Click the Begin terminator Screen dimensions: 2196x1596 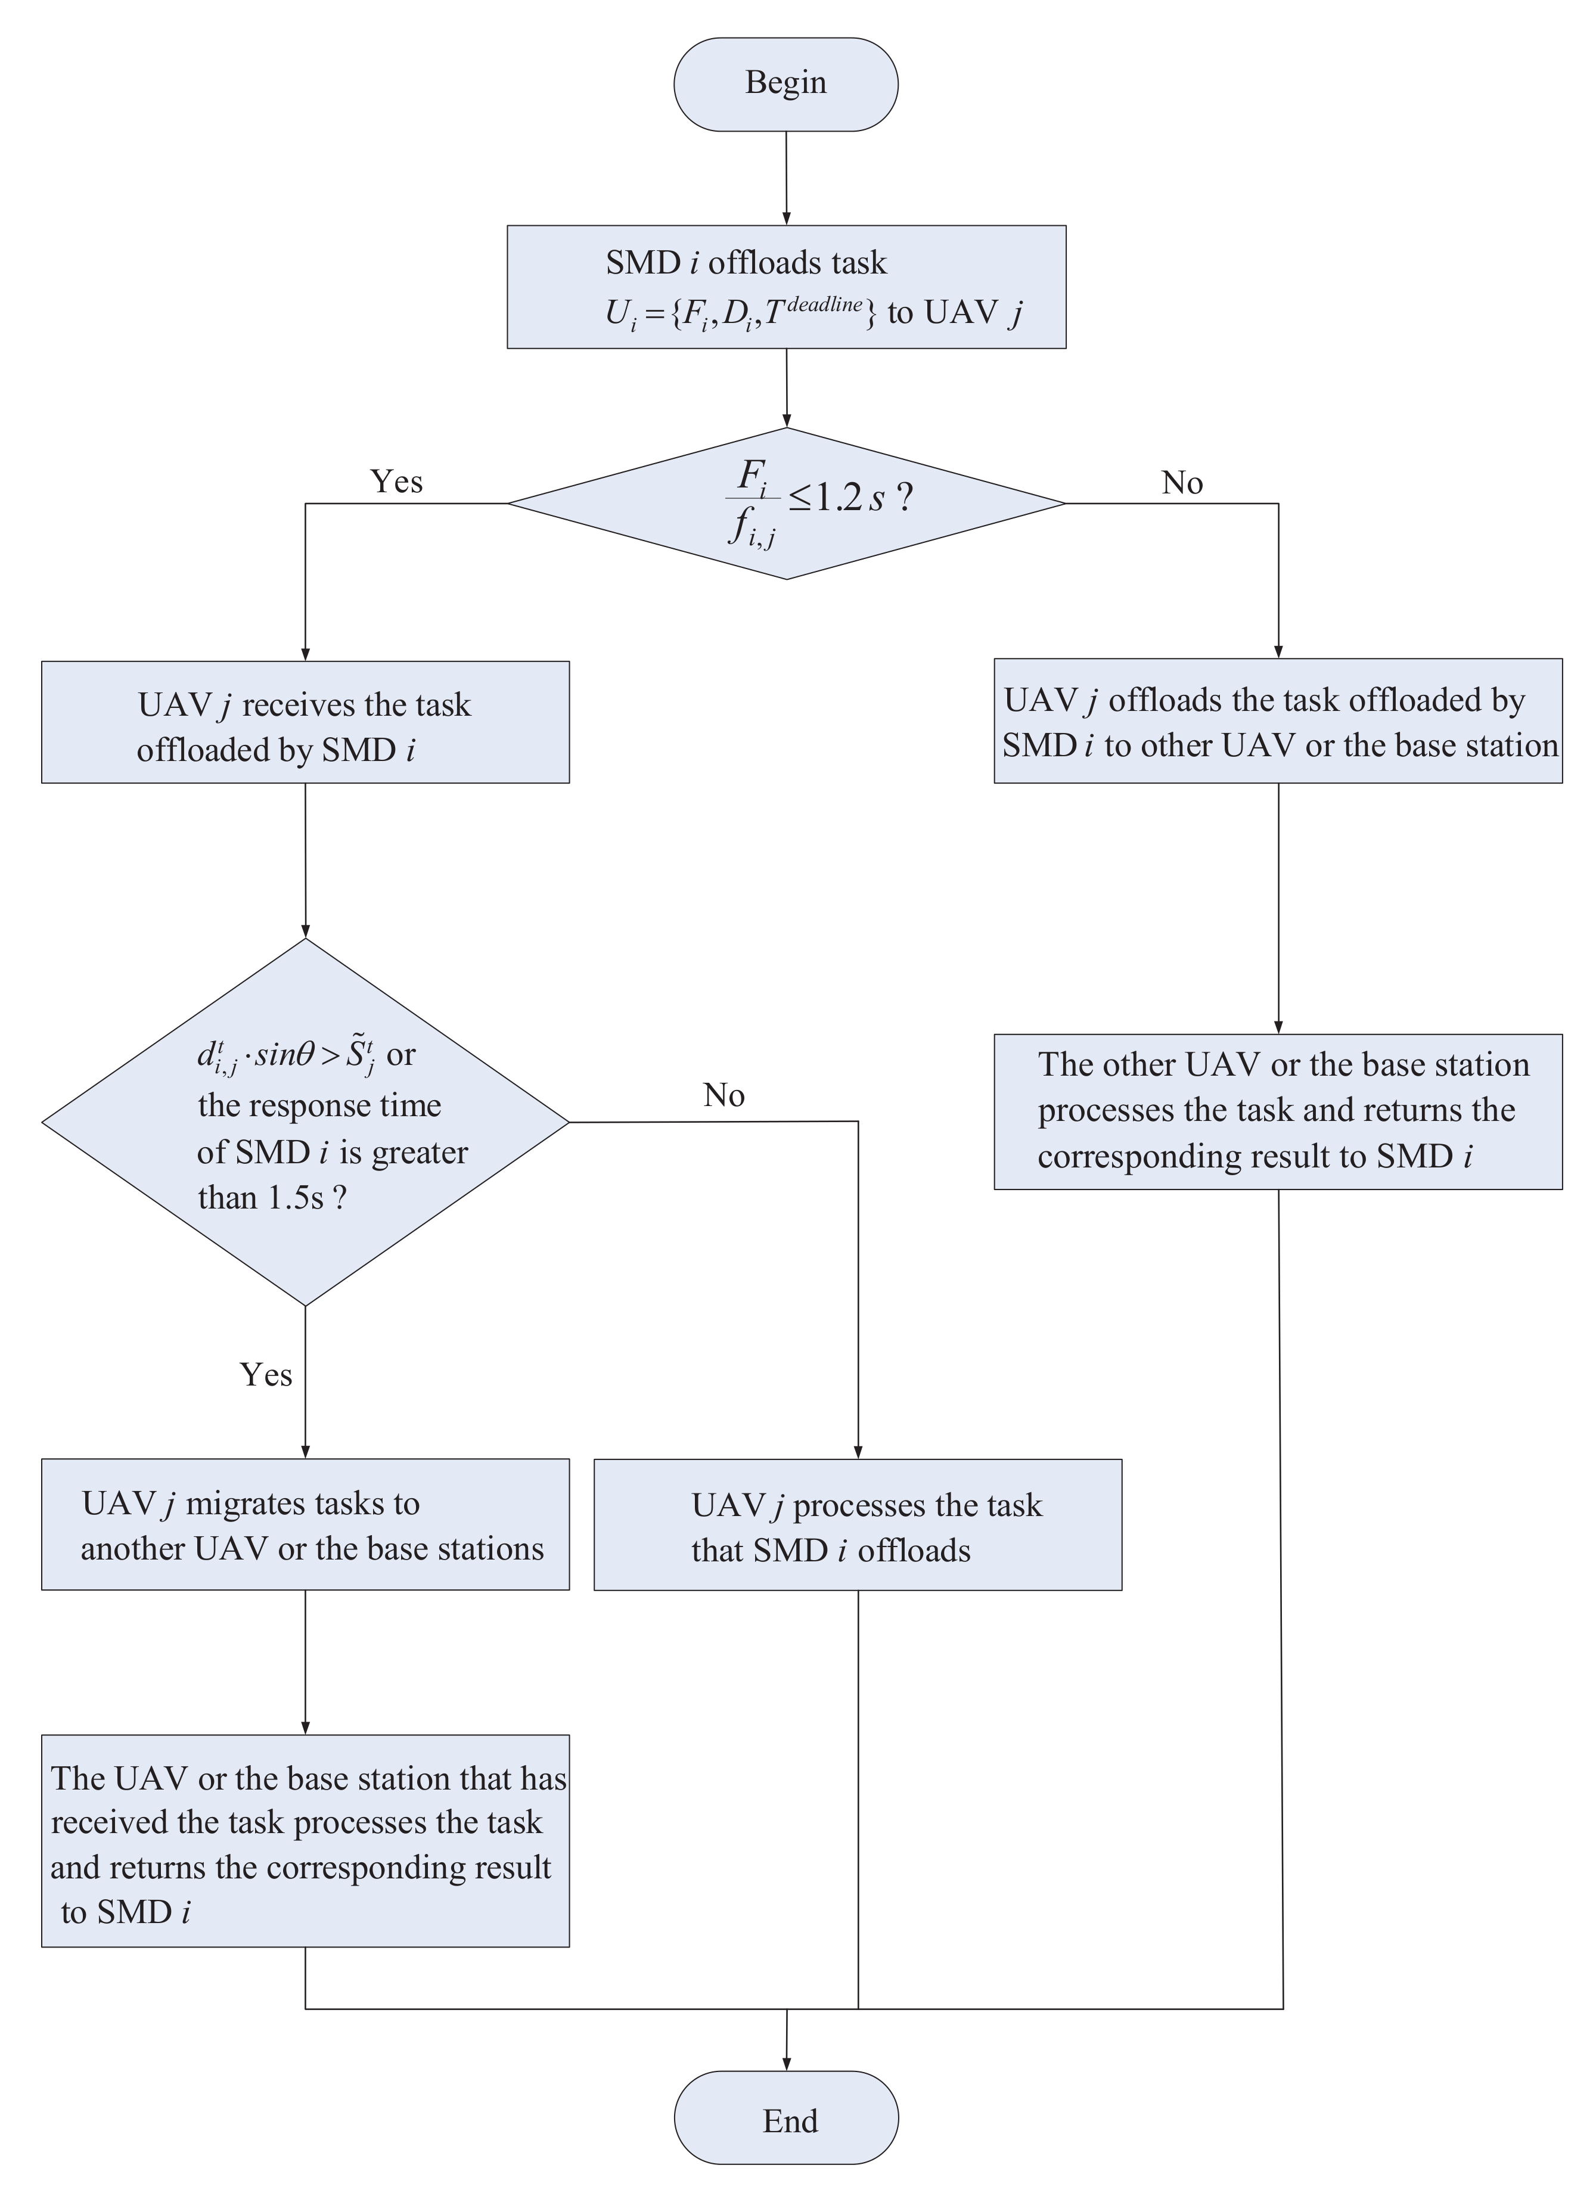point(785,84)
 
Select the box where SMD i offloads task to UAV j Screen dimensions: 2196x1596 point(785,287)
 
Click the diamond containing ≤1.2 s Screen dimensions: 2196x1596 point(785,504)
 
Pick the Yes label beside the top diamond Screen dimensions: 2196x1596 point(396,482)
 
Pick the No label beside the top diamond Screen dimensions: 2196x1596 point(1181,482)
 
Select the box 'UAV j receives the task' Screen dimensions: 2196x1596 point(305,722)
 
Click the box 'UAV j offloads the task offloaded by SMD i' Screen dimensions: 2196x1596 point(1277,721)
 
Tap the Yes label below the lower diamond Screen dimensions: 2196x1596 point(265,1375)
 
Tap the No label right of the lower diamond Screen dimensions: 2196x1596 point(724,1095)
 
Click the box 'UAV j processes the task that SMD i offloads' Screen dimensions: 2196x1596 point(857,1526)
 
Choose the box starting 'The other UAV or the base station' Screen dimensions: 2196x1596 point(1277,1111)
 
